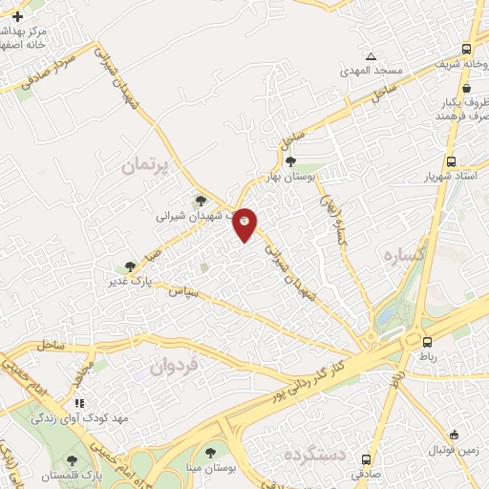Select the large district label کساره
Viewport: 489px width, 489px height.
click(403, 256)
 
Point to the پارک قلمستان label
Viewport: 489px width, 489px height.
click(105, 475)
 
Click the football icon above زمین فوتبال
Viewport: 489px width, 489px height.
click(455, 434)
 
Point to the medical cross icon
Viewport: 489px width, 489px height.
click(17, 17)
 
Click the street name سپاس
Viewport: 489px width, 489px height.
click(183, 291)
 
